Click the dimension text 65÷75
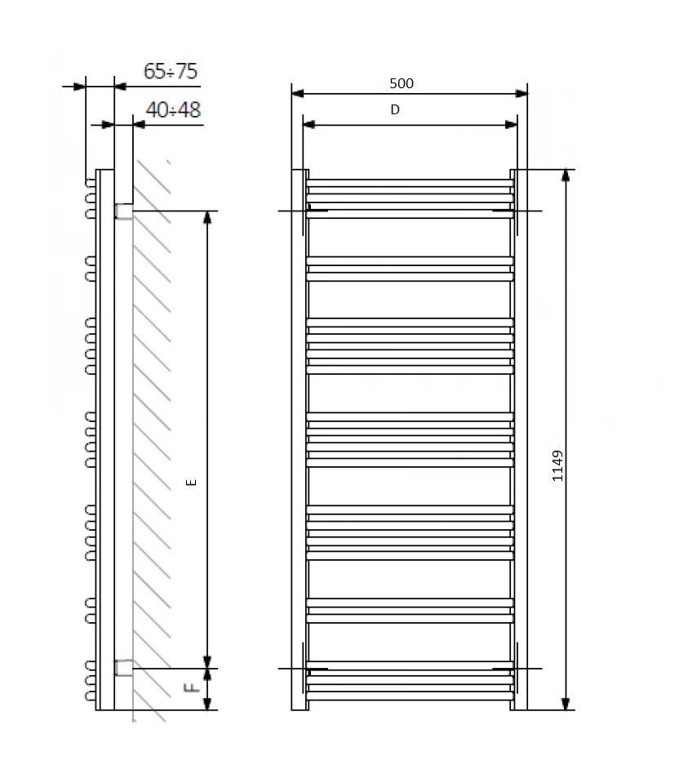(171, 72)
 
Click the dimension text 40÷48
(173, 110)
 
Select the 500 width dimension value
(402, 83)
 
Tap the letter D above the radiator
(395, 110)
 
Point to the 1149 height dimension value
(557, 465)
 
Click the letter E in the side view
(192, 482)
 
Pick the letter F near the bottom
(192, 688)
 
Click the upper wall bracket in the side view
(123, 211)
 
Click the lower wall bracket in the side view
(123, 668)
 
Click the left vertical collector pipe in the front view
(300, 441)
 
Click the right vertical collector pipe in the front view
(519, 441)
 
